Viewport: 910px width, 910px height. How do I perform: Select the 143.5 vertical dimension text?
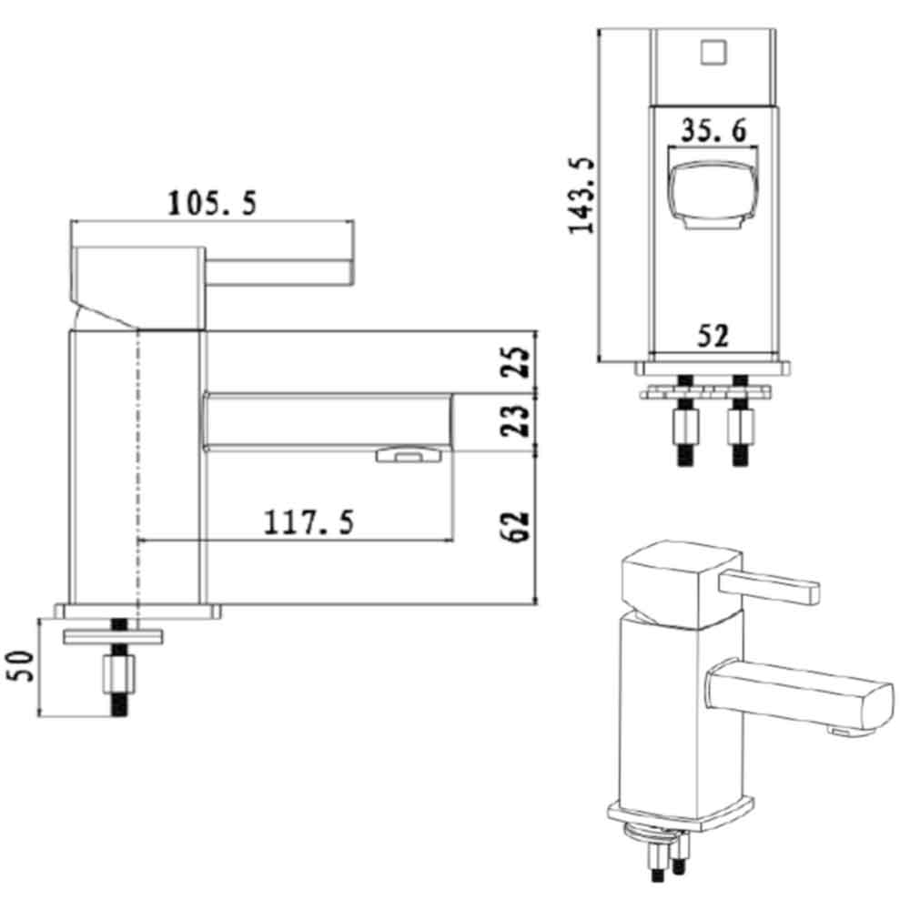581,195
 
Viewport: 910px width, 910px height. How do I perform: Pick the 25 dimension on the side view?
516,363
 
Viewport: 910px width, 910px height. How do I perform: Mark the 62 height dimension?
516,526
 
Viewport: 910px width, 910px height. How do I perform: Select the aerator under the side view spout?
406,454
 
